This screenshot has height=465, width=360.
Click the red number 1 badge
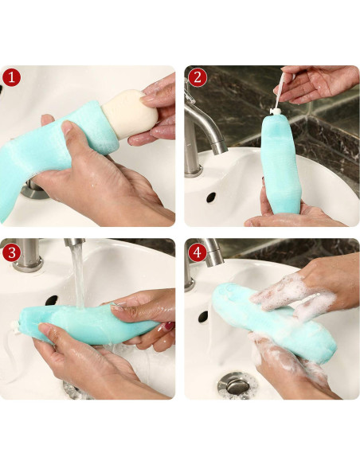tap(12, 78)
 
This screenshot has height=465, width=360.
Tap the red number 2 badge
tap(198, 78)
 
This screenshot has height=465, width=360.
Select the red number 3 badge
tap(12, 252)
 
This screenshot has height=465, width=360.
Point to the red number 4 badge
tap(198, 252)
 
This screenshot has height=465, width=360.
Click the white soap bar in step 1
tap(130, 114)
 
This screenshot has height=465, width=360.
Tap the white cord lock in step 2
tap(275, 111)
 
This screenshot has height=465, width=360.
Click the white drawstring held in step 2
tap(280, 92)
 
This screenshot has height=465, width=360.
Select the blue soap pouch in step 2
tap(280, 163)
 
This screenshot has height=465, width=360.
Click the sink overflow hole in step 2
tap(211, 197)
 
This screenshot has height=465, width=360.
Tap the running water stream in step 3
tap(78, 275)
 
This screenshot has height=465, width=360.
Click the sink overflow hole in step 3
tap(52, 300)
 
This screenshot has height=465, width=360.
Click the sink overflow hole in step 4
tap(203, 316)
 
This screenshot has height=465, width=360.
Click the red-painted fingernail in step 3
tap(170, 326)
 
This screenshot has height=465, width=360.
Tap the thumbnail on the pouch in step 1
tap(67, 127)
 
